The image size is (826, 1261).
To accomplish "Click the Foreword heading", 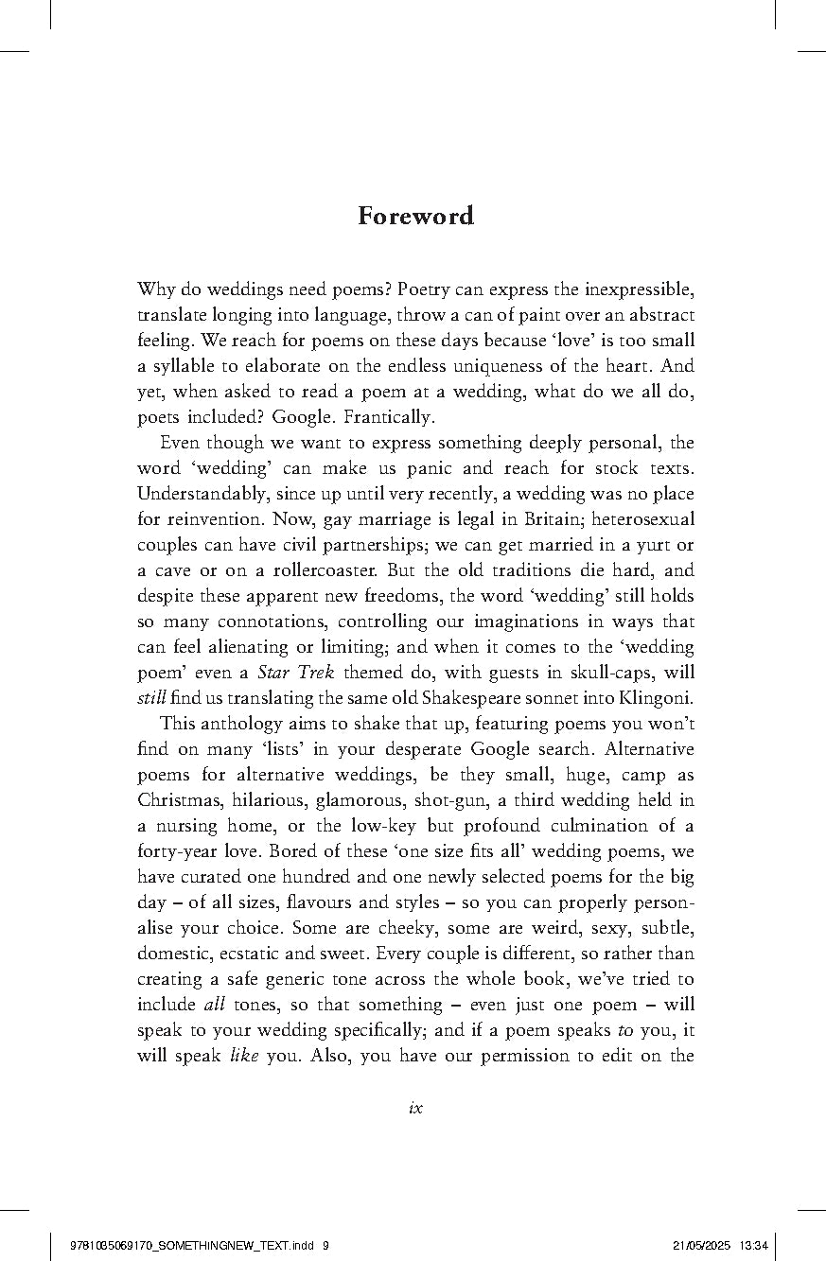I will click(415, 217).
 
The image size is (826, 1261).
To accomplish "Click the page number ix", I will click(415, 1107).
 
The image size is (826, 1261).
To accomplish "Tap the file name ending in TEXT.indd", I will click(194, 1245).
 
